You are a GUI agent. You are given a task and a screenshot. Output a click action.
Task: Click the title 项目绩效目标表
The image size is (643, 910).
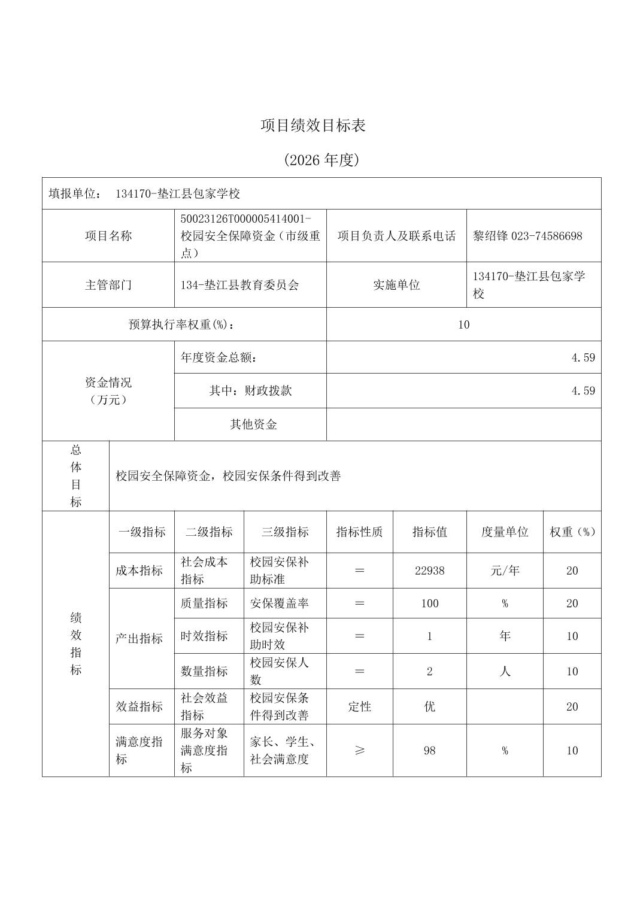[313, 125]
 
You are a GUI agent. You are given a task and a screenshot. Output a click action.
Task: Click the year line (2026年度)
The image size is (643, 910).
[321, 160]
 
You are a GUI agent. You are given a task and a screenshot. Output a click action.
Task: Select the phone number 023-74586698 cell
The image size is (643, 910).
[527, 236]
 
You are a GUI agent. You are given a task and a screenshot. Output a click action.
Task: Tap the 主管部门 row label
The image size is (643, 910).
[108, 285]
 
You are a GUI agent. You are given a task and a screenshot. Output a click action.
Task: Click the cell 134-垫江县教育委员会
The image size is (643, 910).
[240, 285]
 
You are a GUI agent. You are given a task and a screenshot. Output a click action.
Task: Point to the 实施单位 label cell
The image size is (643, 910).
[396, 285]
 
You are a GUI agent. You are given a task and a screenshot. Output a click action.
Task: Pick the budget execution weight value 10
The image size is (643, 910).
[463, 324]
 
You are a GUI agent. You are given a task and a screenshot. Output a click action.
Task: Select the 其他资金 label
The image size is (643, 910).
[253, 424]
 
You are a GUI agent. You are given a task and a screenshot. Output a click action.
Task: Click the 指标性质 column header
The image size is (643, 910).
[359, 532]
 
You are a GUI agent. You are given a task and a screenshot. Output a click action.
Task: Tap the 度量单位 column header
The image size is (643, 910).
[505, 532]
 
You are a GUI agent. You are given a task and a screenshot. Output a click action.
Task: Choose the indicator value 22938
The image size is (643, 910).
[429, 571]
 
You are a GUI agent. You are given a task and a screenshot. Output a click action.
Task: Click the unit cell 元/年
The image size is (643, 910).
[505, 571]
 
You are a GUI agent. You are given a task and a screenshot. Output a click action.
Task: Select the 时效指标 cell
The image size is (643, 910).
[204, 636]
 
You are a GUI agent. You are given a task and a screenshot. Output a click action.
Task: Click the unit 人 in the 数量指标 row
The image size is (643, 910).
[505, 671]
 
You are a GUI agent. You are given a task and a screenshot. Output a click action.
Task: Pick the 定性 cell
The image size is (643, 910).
[359, 706]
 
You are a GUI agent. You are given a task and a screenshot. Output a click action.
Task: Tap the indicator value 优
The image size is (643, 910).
[429, 706]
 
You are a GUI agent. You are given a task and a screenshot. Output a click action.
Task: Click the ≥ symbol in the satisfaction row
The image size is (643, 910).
[359, 750]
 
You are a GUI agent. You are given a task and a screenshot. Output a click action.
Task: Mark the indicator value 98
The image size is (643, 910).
[429, 750]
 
